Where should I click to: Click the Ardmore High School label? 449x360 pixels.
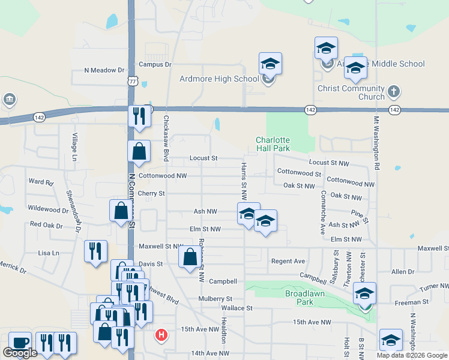tap(219, 79)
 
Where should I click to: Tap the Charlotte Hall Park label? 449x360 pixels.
tap(273, 143)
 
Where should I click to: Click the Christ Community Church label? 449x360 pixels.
tap(351, 92)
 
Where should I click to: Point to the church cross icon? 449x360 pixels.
tap(393, 92)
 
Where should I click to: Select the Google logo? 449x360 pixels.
tap(20, 353)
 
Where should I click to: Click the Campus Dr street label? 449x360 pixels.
tap(155, 64)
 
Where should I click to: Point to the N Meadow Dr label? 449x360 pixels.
tap(103, 70)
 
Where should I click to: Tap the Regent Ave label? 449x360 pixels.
tap(288, 261)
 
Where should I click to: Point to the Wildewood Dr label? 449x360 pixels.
tap(48, 209)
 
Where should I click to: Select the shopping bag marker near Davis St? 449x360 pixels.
tap(190, 257)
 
